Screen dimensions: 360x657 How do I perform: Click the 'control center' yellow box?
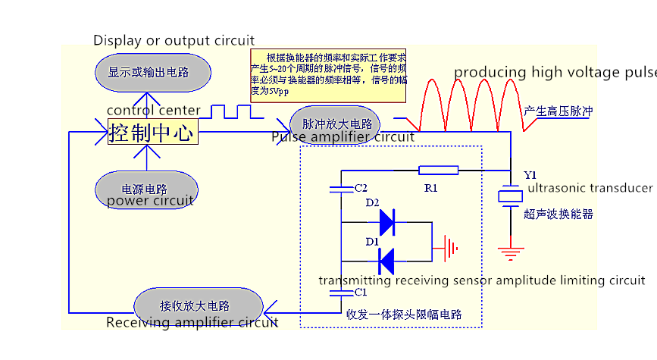pyautogui.click(x=152, y=132)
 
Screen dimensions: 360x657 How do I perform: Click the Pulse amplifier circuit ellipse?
pyautogui.click(x=335, y=124)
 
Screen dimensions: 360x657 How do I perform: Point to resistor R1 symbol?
pyautogui.click(x=438, y=171)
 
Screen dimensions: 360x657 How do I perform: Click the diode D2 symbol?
pyautogui.click(x=387, y=223)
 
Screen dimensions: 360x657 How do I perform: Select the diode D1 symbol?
pyautogui.click(x=387, y=261)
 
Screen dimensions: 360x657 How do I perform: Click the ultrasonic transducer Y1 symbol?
pyautogui.click(x=510, y=196)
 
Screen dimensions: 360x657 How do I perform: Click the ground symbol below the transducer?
pyautogui.click(x=510, y=250)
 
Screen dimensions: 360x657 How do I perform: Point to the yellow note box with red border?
pyautogui.click(x=329, y=76)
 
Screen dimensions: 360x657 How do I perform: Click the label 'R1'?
pyautogui.click(x=430, y=186)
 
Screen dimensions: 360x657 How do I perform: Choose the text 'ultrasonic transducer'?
pyautogui.click(x=590, y=188)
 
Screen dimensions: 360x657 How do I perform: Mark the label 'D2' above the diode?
pyautogui.click(x=373, y=203)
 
